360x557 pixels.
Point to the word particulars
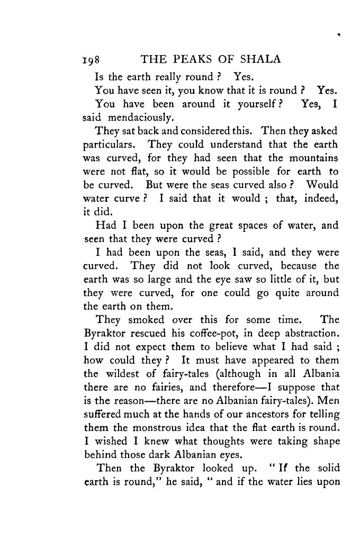pyautogui.click(x=111, y=145)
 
